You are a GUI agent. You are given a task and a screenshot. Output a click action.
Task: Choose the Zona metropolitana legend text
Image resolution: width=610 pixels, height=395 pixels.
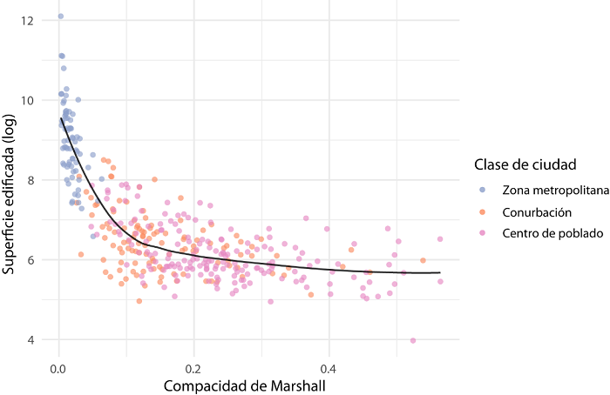click(555, 190)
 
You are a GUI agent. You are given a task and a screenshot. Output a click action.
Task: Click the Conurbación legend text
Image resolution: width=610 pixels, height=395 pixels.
click(538, 211)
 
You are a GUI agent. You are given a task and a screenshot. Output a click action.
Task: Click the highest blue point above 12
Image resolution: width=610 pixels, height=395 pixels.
click(59, 16)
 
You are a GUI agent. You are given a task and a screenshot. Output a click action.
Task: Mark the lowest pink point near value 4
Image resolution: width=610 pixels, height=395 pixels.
click(412, 340)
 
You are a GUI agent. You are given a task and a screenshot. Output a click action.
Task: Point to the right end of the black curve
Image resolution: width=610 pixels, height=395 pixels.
click(440, 272)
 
